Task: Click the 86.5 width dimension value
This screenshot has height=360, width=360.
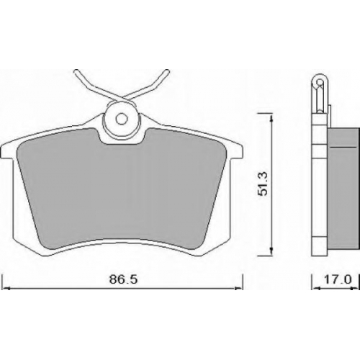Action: click(123, 279)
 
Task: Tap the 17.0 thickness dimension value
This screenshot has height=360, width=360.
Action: click(338, 279)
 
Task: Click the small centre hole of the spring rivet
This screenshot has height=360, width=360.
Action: click(121, 119)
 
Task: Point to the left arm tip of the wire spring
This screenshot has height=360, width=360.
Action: click(76, 71)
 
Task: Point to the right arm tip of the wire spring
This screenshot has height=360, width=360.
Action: click(167, 71)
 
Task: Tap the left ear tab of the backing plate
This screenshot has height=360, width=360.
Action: click(6, 150)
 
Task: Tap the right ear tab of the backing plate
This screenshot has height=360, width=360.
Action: click(236, 150)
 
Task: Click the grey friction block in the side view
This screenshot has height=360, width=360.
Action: click(343, 189)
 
